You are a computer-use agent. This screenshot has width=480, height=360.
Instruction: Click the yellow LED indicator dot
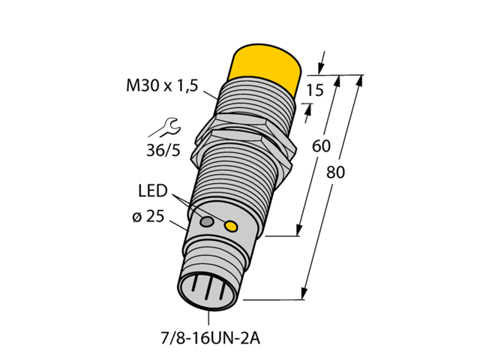pos(232,226)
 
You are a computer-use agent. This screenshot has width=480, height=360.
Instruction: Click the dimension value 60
pos(320,146)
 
